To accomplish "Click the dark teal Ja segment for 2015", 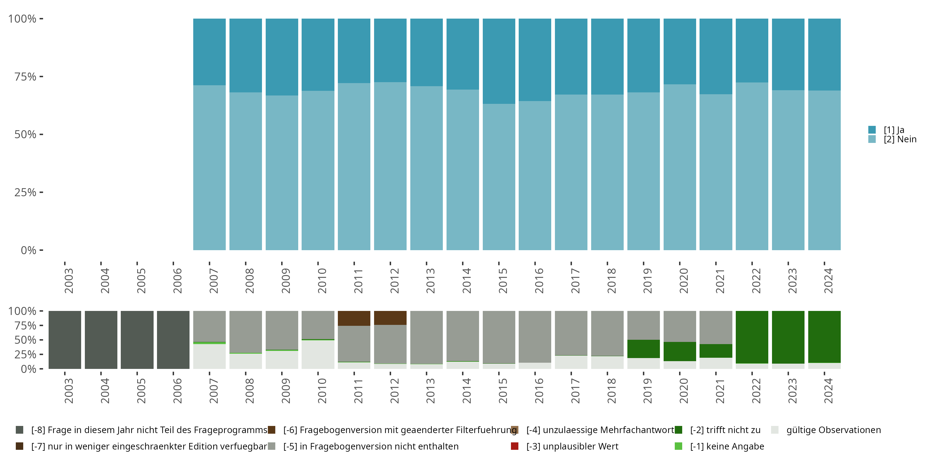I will point(499,61).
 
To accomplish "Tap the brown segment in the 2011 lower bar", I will point(354,318).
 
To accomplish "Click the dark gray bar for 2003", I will point(65,340).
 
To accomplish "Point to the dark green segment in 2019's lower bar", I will point(643,349).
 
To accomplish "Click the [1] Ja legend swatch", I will point(872,130).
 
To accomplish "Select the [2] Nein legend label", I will point(900,139).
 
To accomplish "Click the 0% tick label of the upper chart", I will point(28,250).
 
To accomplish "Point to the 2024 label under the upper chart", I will point(828,281).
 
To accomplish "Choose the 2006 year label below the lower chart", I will point(177,391).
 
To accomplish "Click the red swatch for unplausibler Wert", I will point(515,446).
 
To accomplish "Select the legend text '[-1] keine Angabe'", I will point(727,446).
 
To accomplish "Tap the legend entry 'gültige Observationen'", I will point(833,430).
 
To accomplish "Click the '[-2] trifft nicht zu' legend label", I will point(725,430).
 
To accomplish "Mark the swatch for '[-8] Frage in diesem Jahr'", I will point(20,430).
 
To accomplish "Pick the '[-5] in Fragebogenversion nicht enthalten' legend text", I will point(371,446).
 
